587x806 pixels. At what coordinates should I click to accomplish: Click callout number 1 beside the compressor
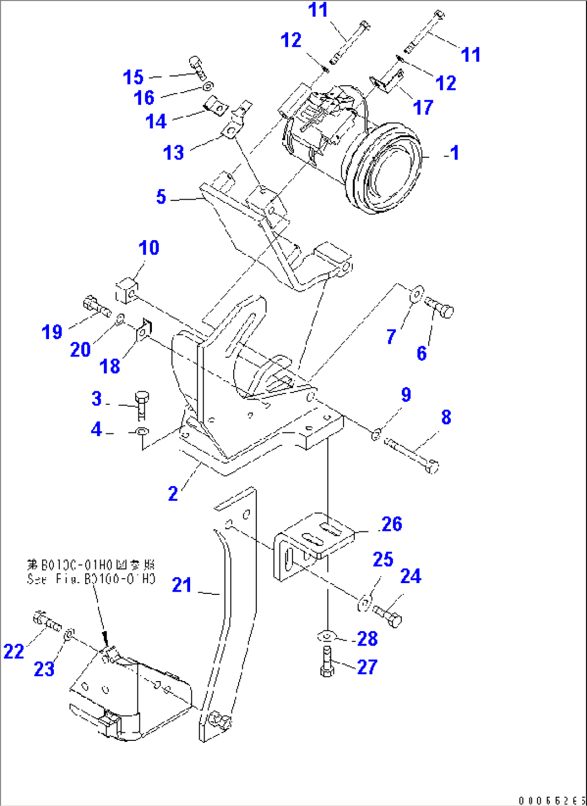[455, 153]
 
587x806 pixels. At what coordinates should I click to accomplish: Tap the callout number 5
[161, 197]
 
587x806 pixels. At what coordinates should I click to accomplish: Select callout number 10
[149, 248]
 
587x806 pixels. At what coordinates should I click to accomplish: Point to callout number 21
[182, 585]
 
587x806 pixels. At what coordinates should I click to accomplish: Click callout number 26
[392, 524]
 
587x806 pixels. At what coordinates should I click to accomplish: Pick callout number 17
[423, 108]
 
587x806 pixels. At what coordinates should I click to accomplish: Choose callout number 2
[173, 494]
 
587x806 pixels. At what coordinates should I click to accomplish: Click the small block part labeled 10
[127, 291]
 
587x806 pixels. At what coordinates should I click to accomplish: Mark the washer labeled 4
[142, 432]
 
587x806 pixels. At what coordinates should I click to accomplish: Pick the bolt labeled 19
[96, 307]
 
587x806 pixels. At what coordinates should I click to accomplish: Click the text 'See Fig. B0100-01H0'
[91, 579]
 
